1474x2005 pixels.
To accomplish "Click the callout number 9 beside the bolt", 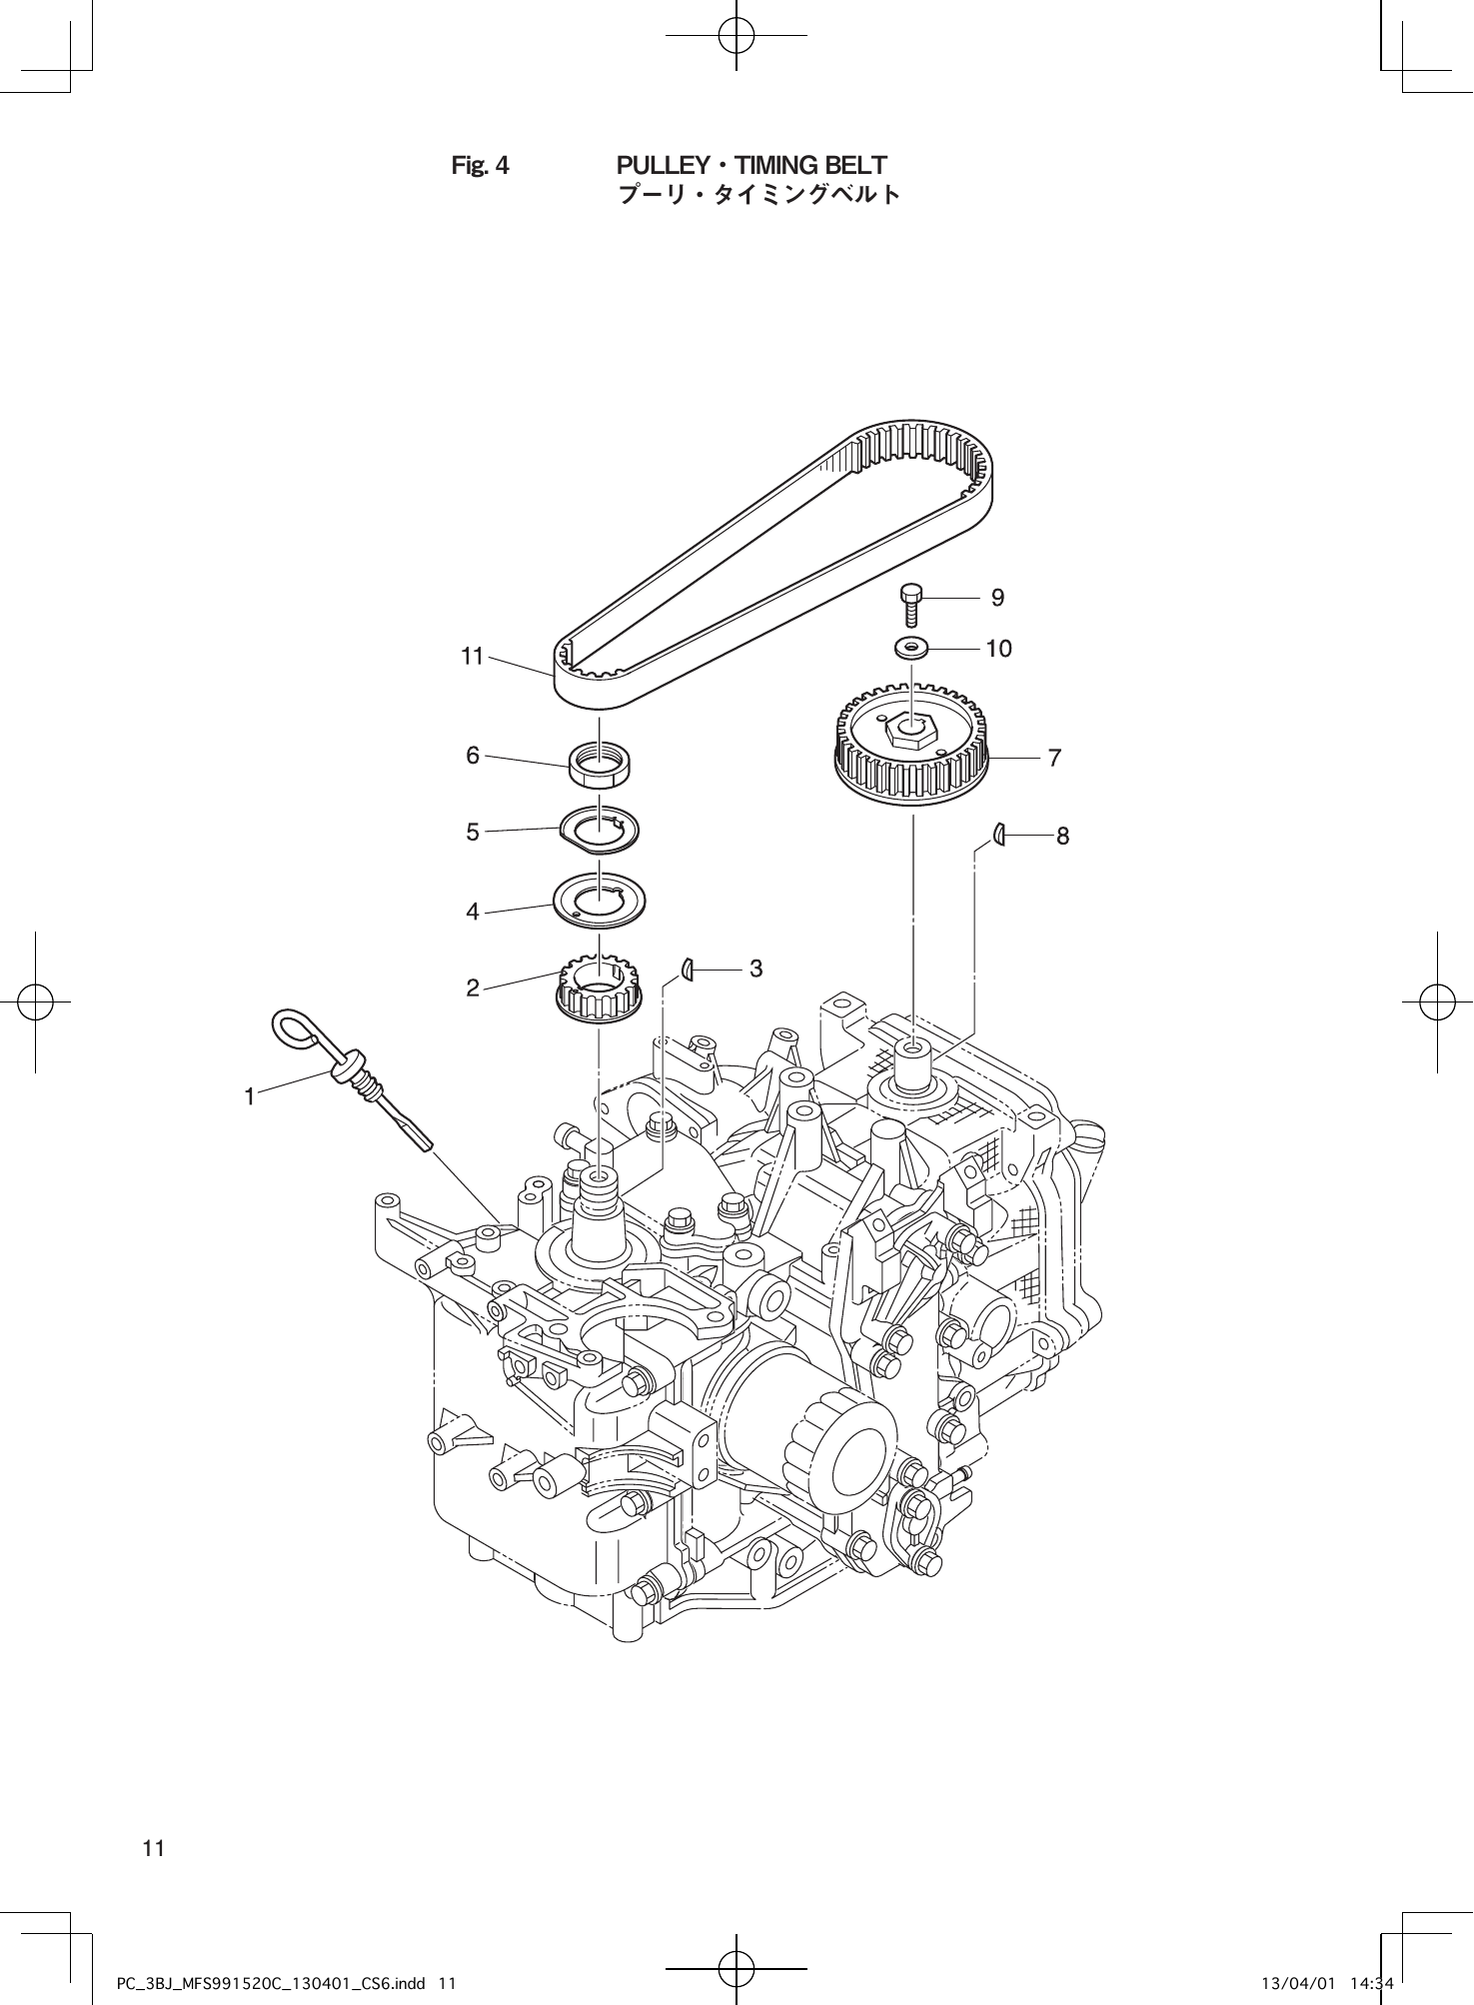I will coord(996,598).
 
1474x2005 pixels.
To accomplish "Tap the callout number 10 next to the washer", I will coord(998,649).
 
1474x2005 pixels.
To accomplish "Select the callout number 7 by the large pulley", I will coord(1054,758).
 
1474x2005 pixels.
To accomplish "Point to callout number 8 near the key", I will coord(1062,836).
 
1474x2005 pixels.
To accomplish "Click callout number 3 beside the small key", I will coord(755,969).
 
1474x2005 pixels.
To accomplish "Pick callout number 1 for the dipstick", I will coord(250,1096).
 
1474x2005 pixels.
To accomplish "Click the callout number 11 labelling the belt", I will coord(472,657).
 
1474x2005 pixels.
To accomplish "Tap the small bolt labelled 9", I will coord(909,606).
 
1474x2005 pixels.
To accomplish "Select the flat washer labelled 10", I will coord(910,648).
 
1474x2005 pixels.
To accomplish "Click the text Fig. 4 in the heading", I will coord(480,165).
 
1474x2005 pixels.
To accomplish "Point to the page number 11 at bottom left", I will coord(153,1848).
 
